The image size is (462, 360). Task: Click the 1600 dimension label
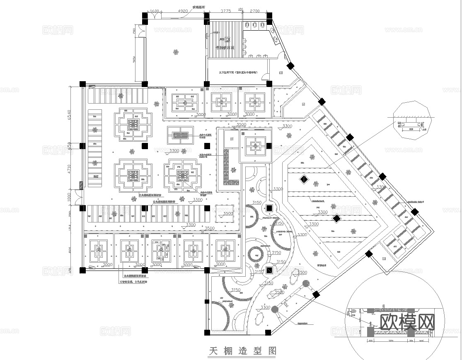pos(154,11)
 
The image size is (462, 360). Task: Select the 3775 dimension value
pos(225,11)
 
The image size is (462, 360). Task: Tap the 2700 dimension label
pos(255,11)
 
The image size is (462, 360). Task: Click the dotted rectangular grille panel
pos(180,135)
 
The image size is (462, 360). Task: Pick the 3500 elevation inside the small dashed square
pos(227,213)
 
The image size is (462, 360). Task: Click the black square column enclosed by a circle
pos(269,208)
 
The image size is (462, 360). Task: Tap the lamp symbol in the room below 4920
pos(176,52)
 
